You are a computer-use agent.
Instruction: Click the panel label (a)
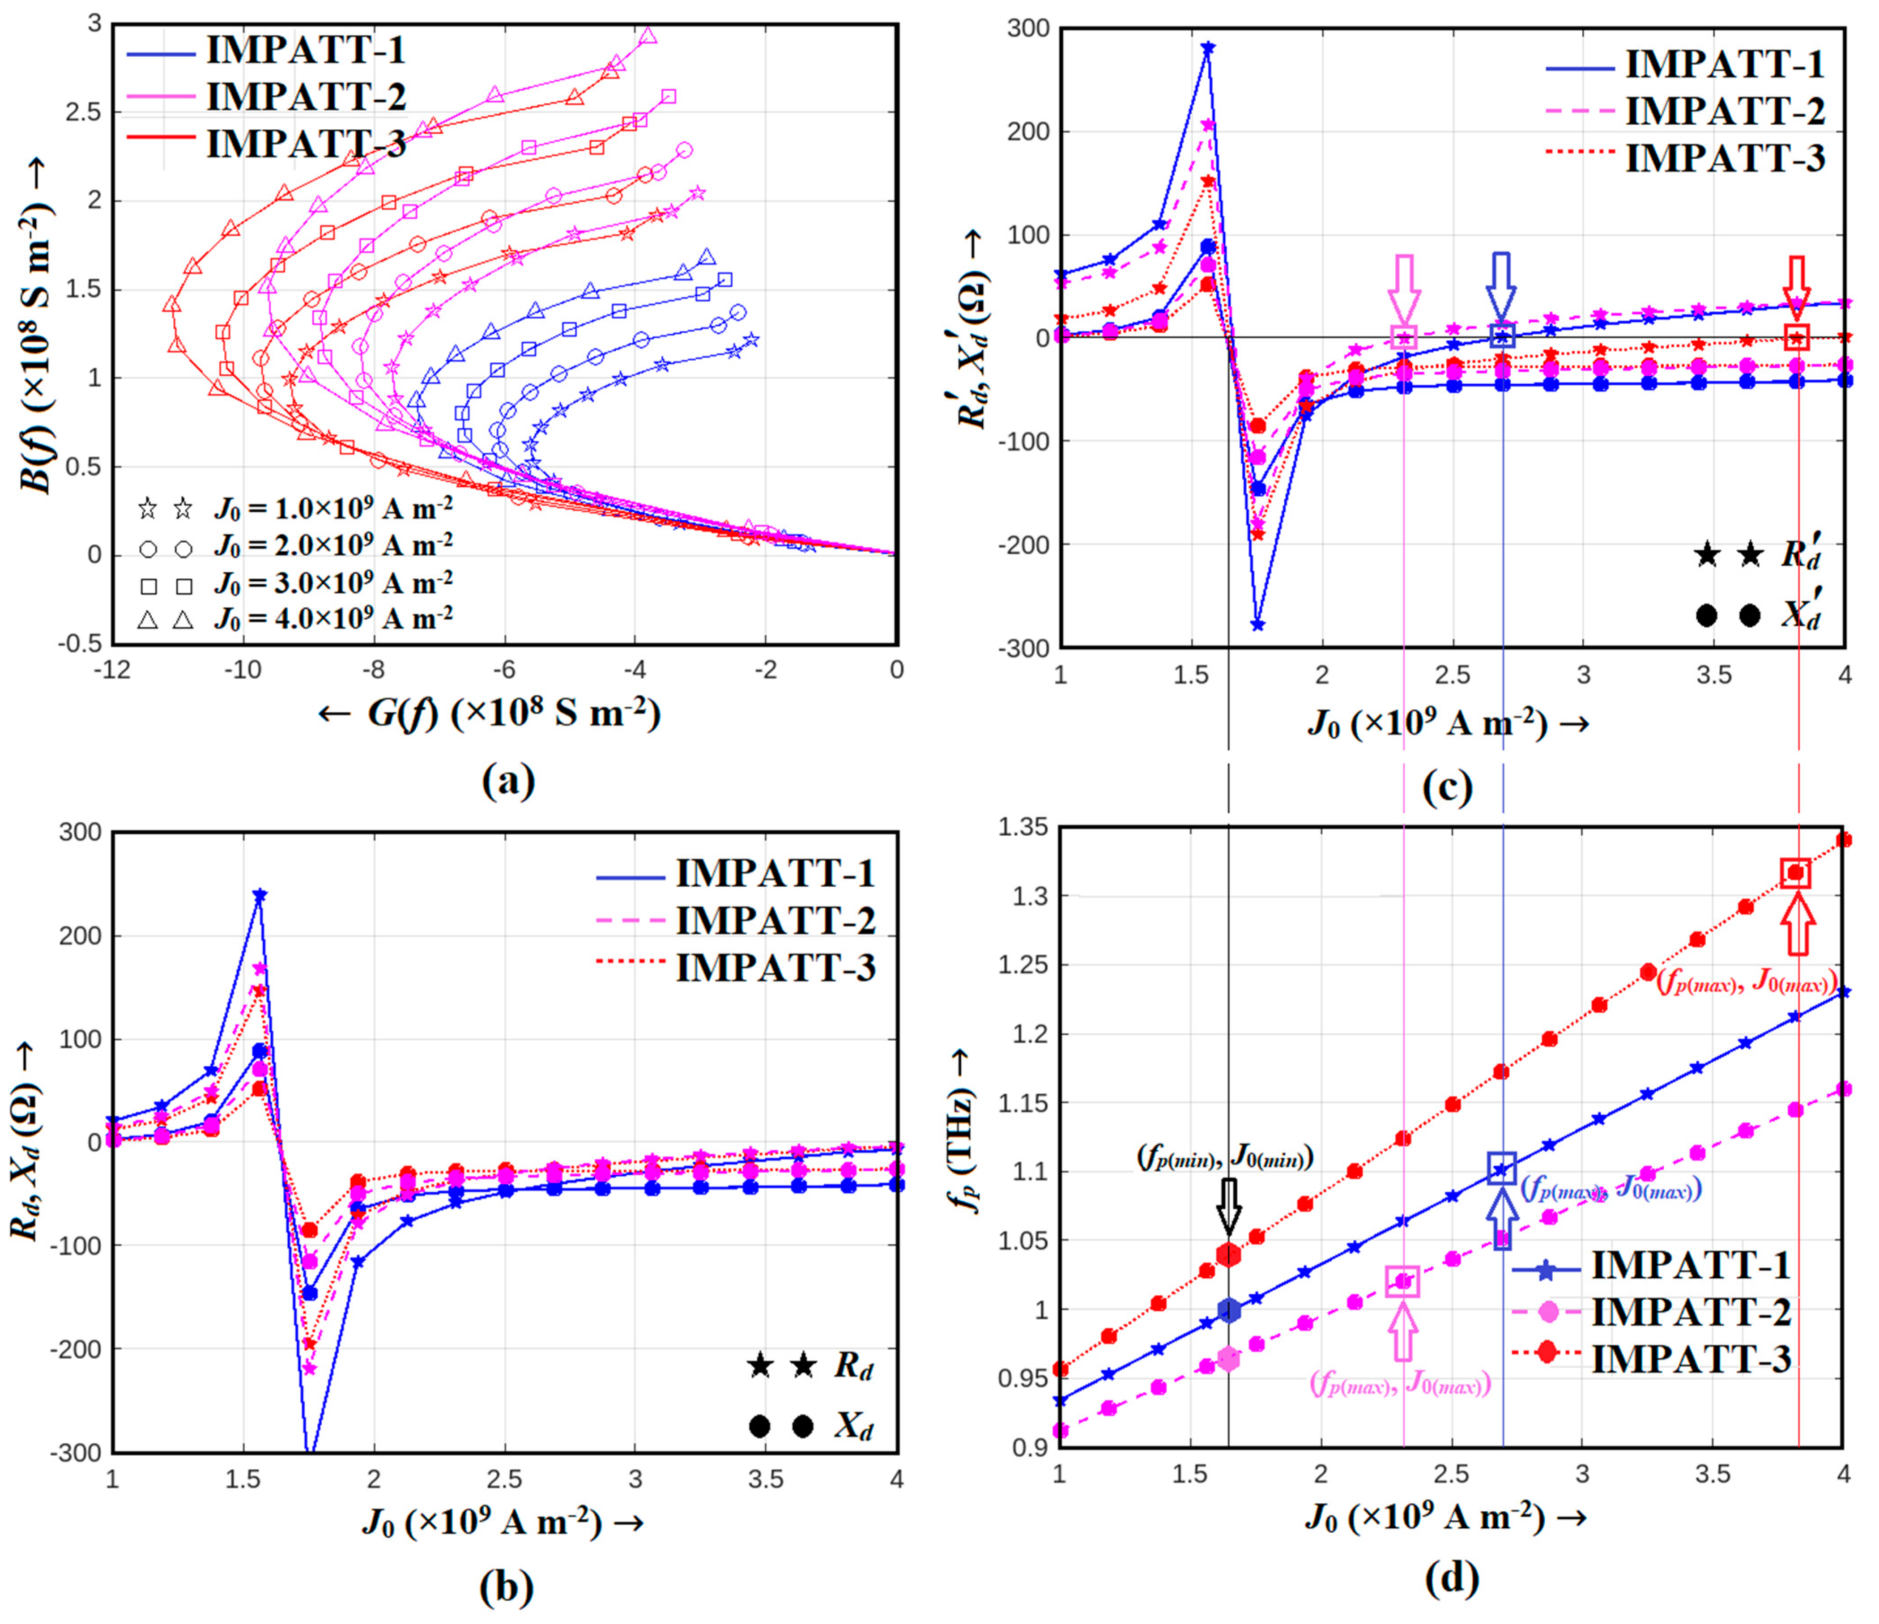(508, 780)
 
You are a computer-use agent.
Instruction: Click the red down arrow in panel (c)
(1798, 285)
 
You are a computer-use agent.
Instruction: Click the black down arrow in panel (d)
(1229, 1206)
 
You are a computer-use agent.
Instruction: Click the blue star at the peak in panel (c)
(1207, 47)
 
